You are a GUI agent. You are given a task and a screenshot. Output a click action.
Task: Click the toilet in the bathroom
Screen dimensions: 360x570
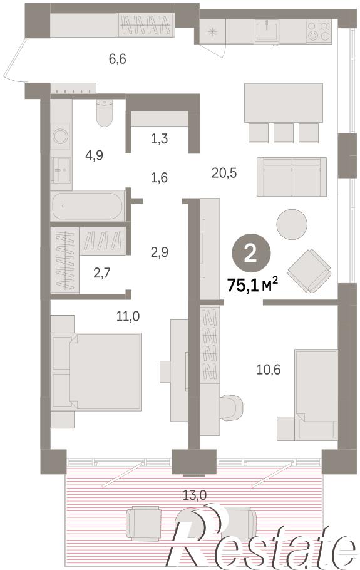click(x=105, y=112)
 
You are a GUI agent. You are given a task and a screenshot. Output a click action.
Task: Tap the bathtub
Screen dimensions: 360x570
click(x=87, y=205)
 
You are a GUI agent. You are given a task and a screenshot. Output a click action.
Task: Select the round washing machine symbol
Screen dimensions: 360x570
click(x=60, y=137)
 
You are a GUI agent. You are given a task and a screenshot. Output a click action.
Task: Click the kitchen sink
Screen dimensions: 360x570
click(x=267, y=31)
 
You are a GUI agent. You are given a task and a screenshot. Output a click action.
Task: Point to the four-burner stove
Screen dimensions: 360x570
click(x=319, y=31)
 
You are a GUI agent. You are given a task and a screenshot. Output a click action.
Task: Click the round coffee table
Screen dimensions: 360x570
click(x=292, y=224)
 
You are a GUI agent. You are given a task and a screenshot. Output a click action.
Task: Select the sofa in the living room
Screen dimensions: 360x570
click(x=291, y=177)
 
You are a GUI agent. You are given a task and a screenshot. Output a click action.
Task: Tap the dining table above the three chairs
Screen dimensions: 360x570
click(x=284, y=103)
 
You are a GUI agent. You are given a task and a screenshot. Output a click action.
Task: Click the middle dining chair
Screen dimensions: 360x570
click(x=284, y=133)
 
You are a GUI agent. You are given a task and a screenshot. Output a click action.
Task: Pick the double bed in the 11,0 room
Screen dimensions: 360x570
click(x=96, y=372)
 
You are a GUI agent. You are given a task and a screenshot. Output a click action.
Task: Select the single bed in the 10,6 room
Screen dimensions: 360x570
click(x=316, y=394)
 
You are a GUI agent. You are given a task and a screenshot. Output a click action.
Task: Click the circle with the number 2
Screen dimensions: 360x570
click(x=250, y=254)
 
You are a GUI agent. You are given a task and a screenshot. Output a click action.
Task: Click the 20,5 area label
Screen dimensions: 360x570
click(x=224, y=173)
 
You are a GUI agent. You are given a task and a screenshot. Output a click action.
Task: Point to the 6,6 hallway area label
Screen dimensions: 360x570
click(x=118, y=58)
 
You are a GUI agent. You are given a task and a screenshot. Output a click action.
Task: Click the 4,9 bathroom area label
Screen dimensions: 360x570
click(x=94, y=155)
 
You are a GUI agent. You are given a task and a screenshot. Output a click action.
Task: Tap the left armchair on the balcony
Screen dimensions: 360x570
click(x=143, y=524)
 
